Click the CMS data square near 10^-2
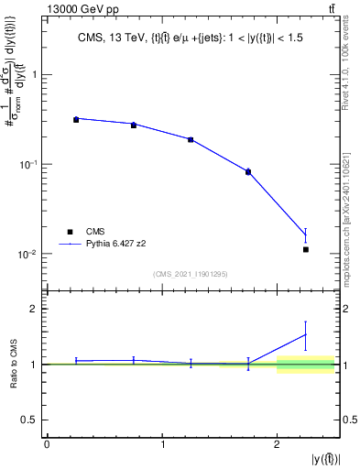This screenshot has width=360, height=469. click(306, 249)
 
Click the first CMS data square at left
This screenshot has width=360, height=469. click(76, 120)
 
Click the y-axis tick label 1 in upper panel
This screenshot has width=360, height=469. click(35, 75)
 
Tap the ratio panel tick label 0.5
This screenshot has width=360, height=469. click(31, 420)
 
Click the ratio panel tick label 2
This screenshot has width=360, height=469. click(35, 309)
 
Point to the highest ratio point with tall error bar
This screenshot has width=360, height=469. click(306, 334)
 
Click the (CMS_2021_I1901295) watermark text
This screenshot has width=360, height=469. click(191, 274)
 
